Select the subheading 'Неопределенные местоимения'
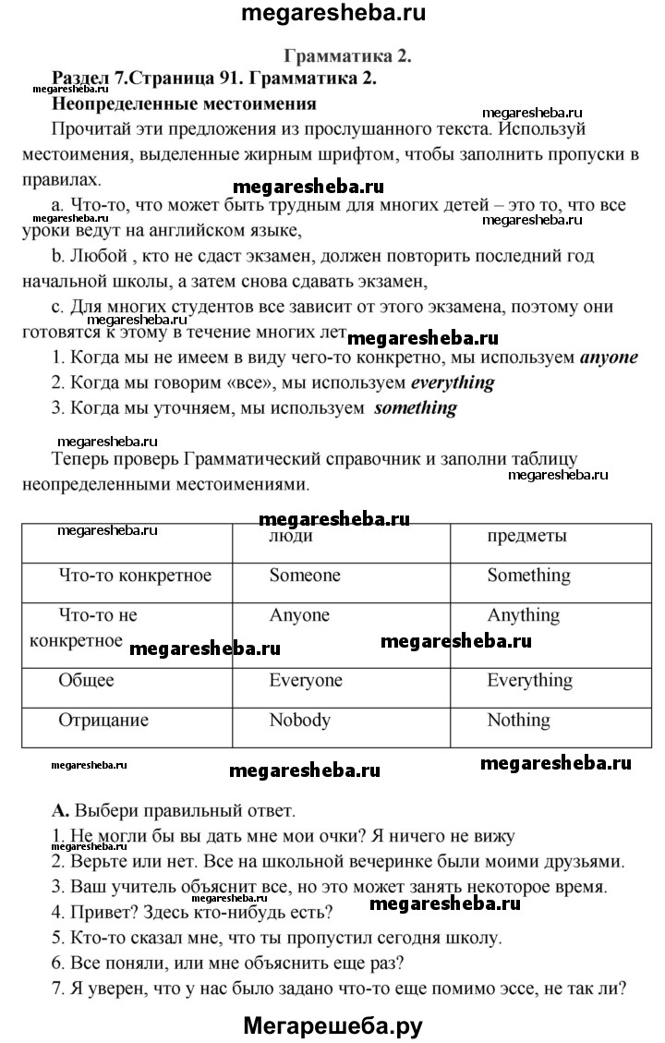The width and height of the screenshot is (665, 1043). (x=184, y=103)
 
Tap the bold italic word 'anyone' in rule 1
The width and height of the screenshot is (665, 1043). (x=608, y=358)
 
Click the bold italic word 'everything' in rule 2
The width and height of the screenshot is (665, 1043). (x=452, y=382)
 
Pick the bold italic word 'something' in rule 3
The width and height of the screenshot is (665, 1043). (x=415, y=407)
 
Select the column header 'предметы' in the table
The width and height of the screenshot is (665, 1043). (x=526, y=536)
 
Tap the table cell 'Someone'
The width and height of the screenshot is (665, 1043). (x=304, y=576)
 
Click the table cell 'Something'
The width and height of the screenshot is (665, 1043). (x=528, y=576)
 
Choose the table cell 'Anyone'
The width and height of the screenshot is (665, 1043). (x=298, y=615)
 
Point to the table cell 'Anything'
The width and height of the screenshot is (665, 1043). (x=523, y=615)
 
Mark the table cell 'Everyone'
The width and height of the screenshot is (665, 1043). (x=305, y=681)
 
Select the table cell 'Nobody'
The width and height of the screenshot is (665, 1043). (x=299, y=721)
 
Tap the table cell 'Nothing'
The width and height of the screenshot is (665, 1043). (x=517, y=721)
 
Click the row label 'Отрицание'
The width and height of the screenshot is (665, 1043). (x=103, y=721)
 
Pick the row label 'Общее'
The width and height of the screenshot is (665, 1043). (x=86, y=681)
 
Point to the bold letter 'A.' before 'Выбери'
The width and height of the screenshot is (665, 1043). (x=61, y=813)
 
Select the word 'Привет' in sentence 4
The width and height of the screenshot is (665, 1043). (x=98, y=913)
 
